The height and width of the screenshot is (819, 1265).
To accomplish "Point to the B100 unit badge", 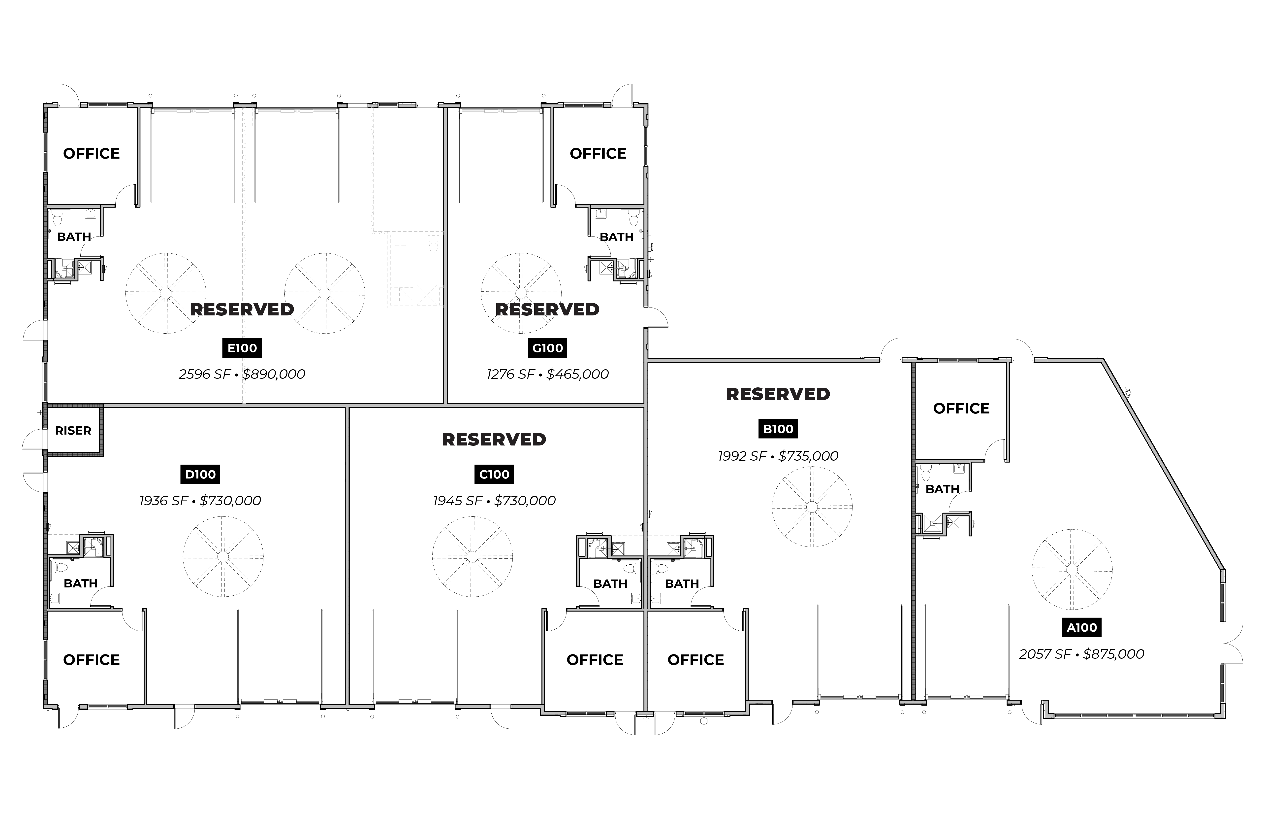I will pyautogui.click(x=778, y=429).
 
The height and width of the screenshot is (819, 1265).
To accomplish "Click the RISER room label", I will pyautogui.click(x=73, y=431).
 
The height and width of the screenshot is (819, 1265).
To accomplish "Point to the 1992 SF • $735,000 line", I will pyautogui.click(x=778, y=456).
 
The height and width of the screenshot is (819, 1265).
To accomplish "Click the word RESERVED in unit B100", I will pyautogui.click(x=778, y=394).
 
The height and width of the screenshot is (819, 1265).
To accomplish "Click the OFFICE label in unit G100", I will pyautogui.click(x=598, y=154).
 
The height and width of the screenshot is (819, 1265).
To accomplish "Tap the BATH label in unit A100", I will pyautogui.click(x=942, y=489).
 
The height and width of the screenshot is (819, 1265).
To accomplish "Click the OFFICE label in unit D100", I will pyautogui.click(x=92, y=660).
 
